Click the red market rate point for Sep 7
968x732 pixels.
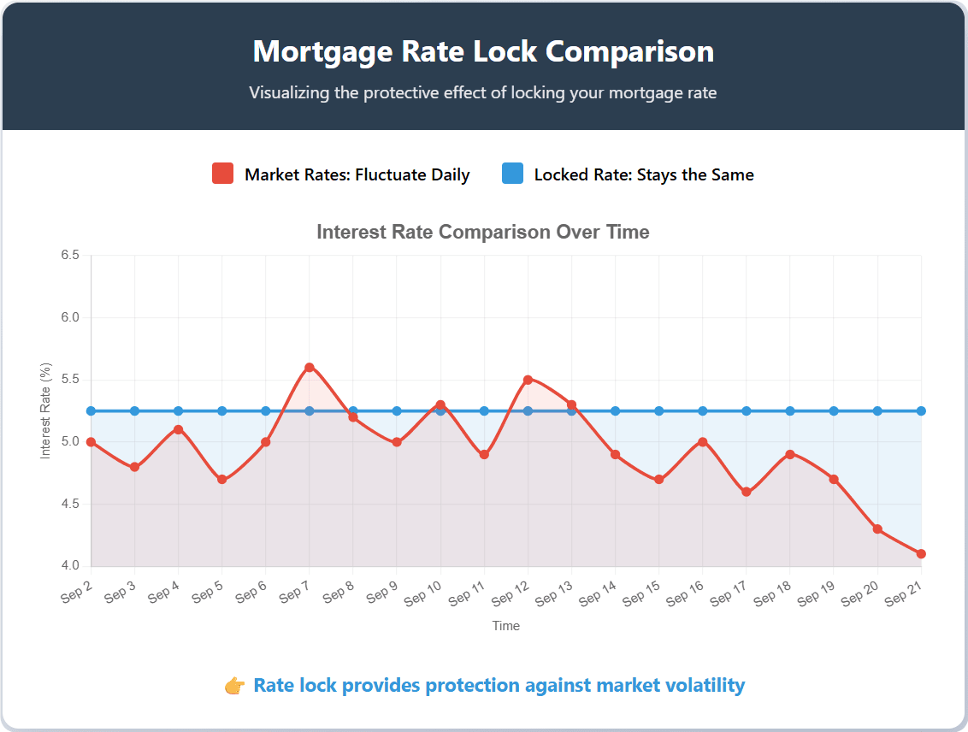(x=310, y=368)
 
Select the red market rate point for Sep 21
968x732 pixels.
(x=921, y=554)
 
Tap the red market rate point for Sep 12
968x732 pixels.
(x=528, y=380)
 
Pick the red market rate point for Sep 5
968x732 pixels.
(x=222, y=480)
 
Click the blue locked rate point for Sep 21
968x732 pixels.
(x=921, y=411)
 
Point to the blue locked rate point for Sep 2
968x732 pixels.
(x=91, y=411)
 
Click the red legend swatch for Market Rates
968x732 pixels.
(x=222, y=174)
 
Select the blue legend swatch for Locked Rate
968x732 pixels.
(x=512, y=174)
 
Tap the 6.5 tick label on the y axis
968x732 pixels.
(x=70, y=256)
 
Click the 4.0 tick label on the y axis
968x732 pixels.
(x=70, y=566)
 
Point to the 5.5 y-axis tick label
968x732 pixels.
(x=70, y=380)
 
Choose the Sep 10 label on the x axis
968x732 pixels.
(x=423, y=592)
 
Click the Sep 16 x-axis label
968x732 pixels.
(x=685, y=592)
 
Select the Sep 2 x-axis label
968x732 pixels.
(x=77, y=591)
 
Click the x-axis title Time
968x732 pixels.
(x=505, y=626)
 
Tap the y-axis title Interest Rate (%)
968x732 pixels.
(x=46, y=410)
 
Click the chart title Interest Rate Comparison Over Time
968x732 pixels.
(x=483, y=232)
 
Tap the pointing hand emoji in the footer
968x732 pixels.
(x=234, y=686)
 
